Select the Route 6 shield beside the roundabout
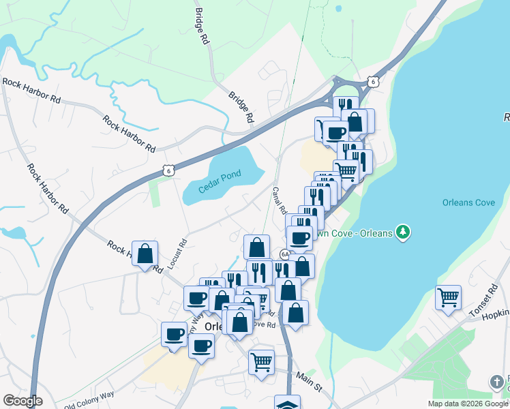click(372, 81)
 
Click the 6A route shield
click(284, 254)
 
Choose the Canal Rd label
click(280, 201)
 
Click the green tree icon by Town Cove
click(404, 232)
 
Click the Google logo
click(23, 401)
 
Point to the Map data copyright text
click(468, 404)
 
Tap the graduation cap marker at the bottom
click(287, 403)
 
